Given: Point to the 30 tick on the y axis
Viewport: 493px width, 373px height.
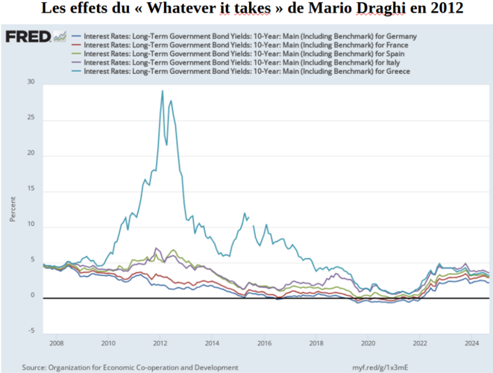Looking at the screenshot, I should (31, 82).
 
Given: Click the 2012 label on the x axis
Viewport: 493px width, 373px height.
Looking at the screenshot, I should (160, 344).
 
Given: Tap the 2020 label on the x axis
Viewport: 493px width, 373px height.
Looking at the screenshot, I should (367, 344).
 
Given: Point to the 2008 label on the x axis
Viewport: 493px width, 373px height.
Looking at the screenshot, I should (56, 344).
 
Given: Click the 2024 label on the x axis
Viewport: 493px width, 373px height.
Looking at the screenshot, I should (471, 344).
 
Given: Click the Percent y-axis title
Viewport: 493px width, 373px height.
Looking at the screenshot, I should (13, 209).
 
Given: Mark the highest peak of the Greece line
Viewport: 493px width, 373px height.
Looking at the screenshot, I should (163, 91).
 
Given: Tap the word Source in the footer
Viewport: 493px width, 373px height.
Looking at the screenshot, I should (36, 367).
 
